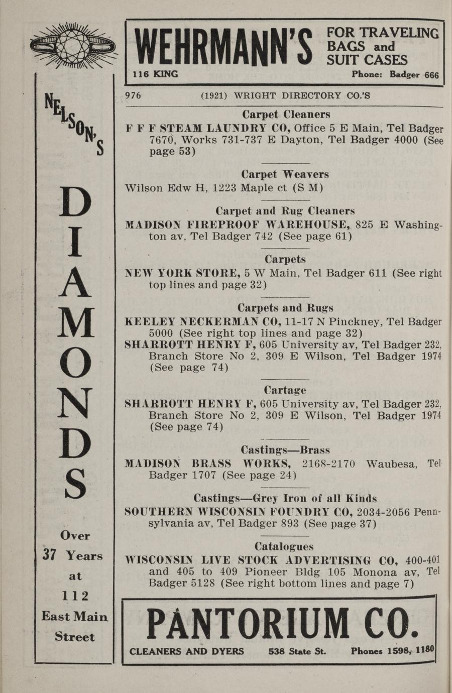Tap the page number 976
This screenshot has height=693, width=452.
click(133, 95)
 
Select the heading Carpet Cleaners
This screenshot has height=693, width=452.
click(286, 114)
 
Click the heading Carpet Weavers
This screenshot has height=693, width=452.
click(285, 174)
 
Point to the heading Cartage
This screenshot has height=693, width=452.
click(285, 390)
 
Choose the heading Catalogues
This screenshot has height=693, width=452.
click(284, 546)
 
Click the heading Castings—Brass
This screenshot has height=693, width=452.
click(285, 449)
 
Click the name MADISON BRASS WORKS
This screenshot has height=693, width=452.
click(208, 463)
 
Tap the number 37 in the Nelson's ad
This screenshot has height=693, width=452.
click(49, 555)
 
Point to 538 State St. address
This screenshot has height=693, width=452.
click(297, 651)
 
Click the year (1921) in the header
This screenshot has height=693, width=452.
click(214, 95)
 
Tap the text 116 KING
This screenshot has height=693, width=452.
click(155, 74)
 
